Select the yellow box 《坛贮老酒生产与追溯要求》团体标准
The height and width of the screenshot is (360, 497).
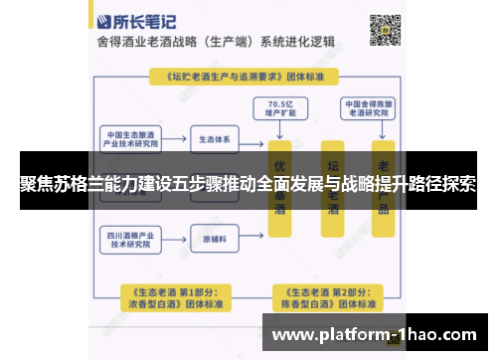[x=248, y=76]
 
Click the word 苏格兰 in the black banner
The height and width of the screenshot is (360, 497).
[x=74, y=185]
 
